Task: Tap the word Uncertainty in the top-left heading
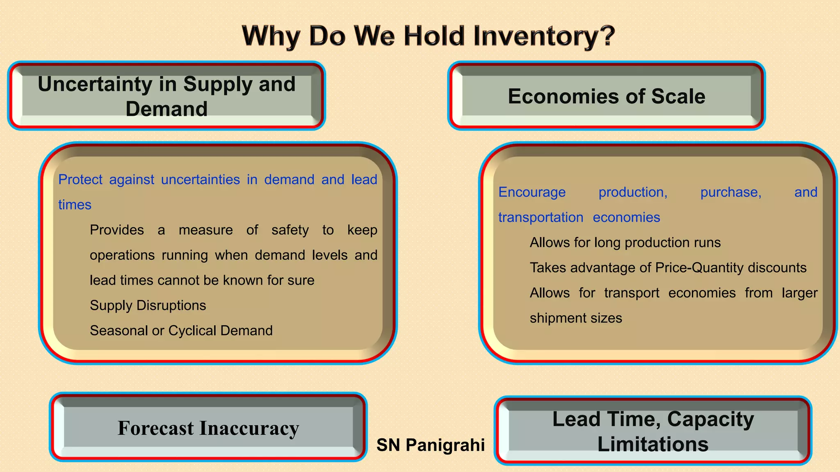tap(95, 84)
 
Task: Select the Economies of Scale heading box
tap(606, 96)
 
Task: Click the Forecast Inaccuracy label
tap(208, 428)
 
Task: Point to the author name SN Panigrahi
tap(431, 445)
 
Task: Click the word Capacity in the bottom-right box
tap(710, 420)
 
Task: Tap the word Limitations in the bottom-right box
tap(653, 445)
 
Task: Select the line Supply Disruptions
tap(148, 306)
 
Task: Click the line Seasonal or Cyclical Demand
tap(181, 331)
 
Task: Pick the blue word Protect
tap(80, 179)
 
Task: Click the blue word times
tap(75, 205)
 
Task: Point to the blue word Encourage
tap(532, 192)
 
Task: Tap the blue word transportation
tap(541, 218)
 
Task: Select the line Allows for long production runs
tap(625, 243)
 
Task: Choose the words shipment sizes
tap(576, 318)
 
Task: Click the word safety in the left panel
tap(290, 230)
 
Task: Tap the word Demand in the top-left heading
tap(167, 109)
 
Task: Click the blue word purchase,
tap(730, 192)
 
